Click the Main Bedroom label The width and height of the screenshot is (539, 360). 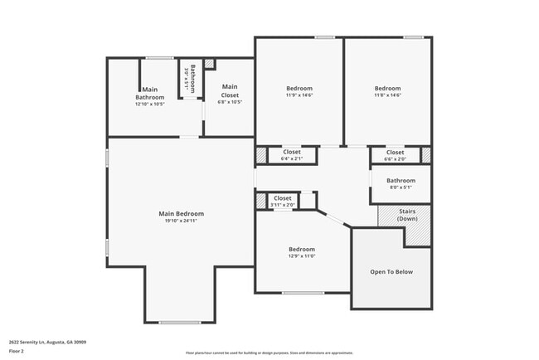[x=181, y=213]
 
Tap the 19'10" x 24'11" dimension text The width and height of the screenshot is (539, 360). [x=181, y=221]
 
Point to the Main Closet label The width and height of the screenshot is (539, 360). [x=229, y=90]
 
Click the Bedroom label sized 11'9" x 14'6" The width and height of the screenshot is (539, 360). [x=299, y=89]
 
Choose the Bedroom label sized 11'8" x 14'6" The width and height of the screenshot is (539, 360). [x=387, y=89]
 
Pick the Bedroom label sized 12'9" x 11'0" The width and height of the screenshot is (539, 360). [x=302, y=249]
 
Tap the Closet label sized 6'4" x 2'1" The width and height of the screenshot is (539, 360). [x=292, y=152]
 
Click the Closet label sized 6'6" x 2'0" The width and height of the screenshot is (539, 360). [x=395, y=152]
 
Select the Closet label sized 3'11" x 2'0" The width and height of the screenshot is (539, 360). [x=283, y=198]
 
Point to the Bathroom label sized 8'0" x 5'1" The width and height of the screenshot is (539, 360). [x=401, y=180]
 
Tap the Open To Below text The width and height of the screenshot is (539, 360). [x=391, y=272]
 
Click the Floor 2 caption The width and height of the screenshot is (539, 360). [x=17, y=351]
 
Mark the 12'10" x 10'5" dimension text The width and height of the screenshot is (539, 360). [x=150, y=104]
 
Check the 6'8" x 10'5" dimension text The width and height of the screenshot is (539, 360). [x=229, y=102]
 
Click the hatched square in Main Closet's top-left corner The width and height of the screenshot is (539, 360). [x=209, y=64]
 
